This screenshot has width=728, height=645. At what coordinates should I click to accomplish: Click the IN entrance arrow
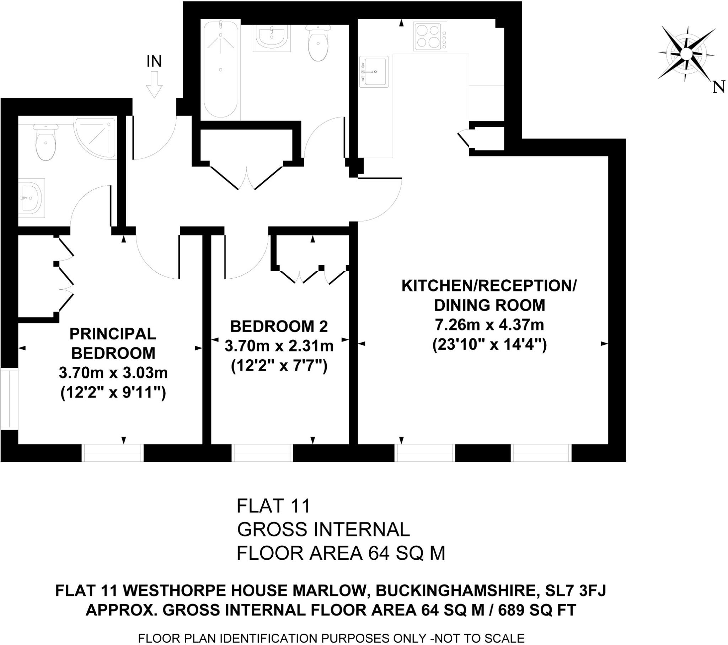pos(154,85)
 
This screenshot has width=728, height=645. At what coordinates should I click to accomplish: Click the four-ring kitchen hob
pos(429,37)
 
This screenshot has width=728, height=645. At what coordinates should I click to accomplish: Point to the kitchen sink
pos(373,72)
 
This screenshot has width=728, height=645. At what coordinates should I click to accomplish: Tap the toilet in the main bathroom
pos(318,43)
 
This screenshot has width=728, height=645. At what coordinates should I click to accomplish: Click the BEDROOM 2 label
pos(279,327)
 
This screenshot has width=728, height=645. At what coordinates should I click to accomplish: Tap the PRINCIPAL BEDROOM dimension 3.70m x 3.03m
pos(113,373)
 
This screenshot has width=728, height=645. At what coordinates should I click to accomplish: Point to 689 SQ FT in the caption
pos(537,610)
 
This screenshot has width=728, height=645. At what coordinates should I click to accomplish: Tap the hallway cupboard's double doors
pos(246,177)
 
